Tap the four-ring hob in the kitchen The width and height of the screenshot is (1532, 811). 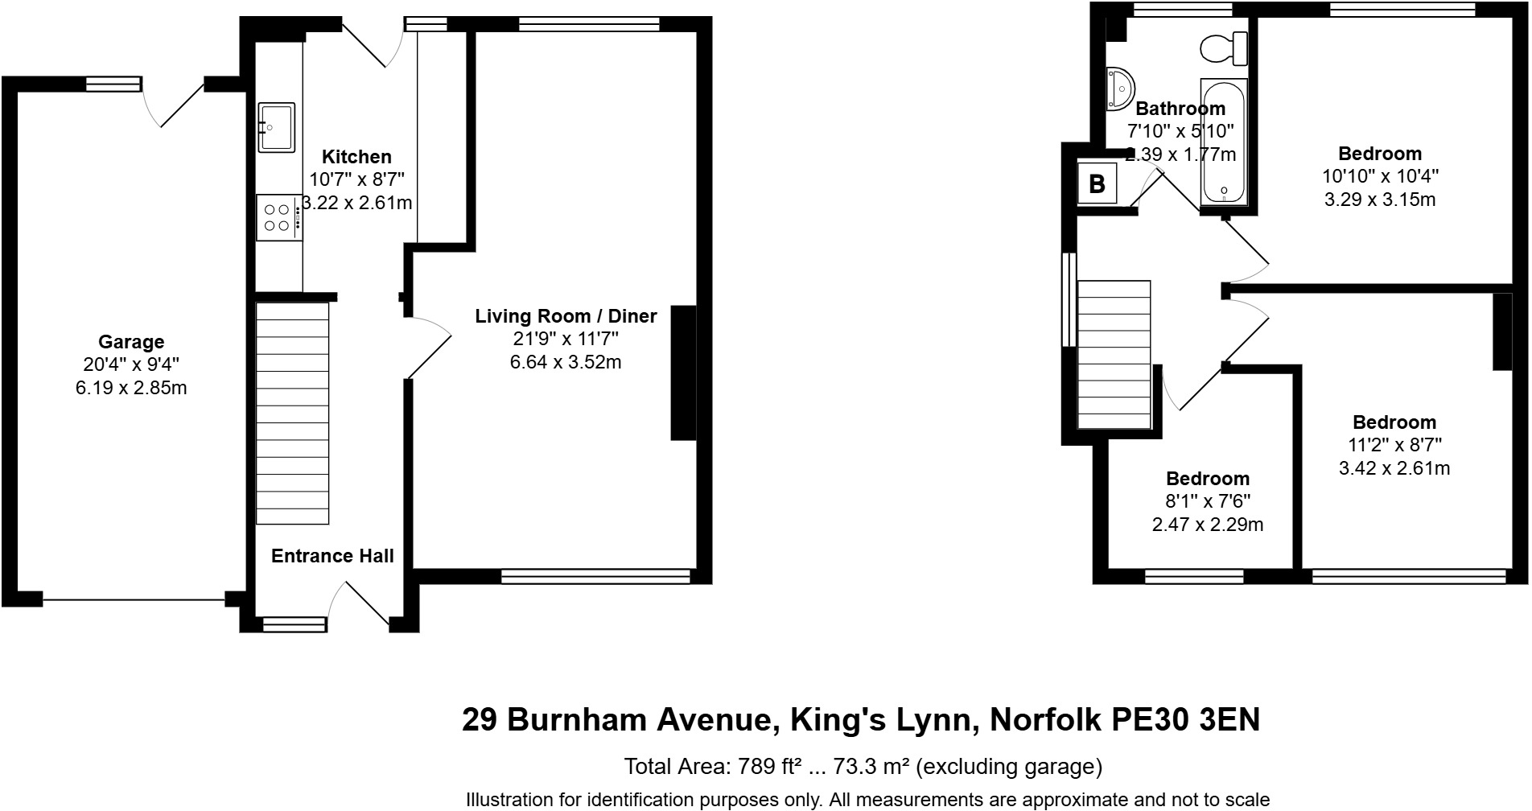(278, 217)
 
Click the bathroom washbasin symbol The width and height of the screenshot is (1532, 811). (1119, 88)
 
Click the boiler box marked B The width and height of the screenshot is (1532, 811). (1097, 184)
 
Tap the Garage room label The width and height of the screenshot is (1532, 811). (131, 342)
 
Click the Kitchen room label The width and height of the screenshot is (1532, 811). (356, 157)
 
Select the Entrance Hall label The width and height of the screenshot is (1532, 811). (332, 556)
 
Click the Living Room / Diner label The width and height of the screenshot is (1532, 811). (566, 316)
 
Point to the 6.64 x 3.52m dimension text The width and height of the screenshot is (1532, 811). (566, 362)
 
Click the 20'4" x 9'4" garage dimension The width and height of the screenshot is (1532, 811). (131, 364)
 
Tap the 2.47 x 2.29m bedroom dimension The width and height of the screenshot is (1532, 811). (1208, 525)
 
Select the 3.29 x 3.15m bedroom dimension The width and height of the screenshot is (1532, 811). (1380, 199)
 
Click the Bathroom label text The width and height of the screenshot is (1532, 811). (1180, 109)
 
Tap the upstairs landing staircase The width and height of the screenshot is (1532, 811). (1114, 354)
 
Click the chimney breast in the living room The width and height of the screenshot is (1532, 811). (683, 373)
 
